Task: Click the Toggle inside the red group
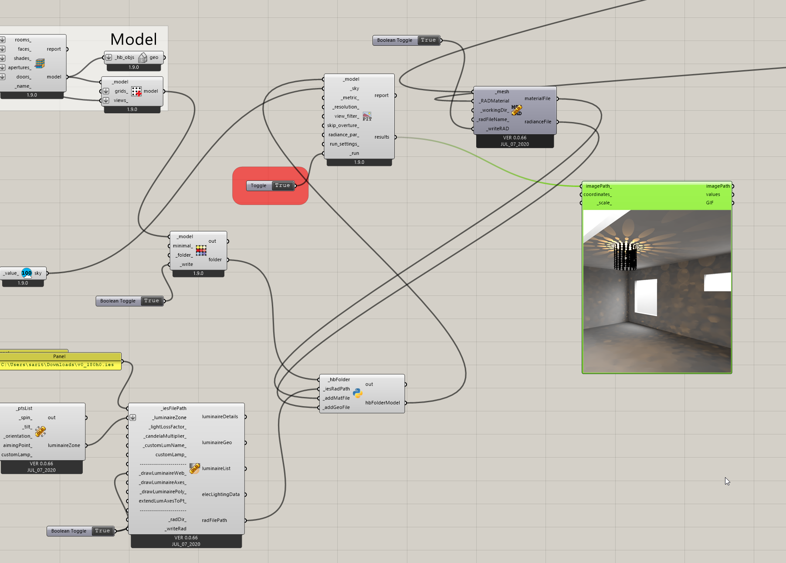coord(270,186)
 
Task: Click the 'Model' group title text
coord(133,39)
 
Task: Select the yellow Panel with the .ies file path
coord(60,364)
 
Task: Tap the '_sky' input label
coord(355,88)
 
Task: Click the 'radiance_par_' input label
coord(343,135)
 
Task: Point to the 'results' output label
coord(382,137)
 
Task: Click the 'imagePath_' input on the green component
coord(598,186)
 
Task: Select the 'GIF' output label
coord(709,203)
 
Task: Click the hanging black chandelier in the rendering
coord(625,257)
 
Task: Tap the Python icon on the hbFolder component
coord(358,393)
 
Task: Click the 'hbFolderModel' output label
coord(382,403)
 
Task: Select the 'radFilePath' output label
coord(214,520)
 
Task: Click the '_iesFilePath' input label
coord(173,408)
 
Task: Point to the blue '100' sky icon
coord(27,273)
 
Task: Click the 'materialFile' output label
coord(537,98)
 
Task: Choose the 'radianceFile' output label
coord(538,122)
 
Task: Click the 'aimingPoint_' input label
coord(17,445)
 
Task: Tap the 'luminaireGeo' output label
coord(217,442)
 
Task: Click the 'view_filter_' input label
coord(346,116)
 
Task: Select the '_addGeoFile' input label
coord(337,407)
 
